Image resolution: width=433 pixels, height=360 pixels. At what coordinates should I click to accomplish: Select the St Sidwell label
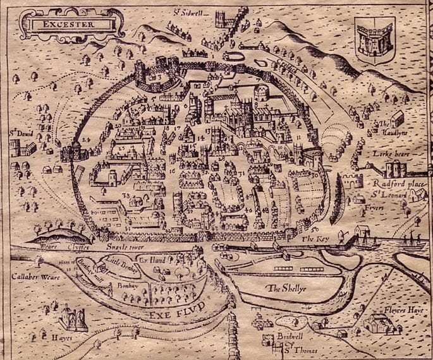tap(186, 11)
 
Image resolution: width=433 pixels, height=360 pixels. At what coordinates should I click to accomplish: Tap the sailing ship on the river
tap(412, 240)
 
